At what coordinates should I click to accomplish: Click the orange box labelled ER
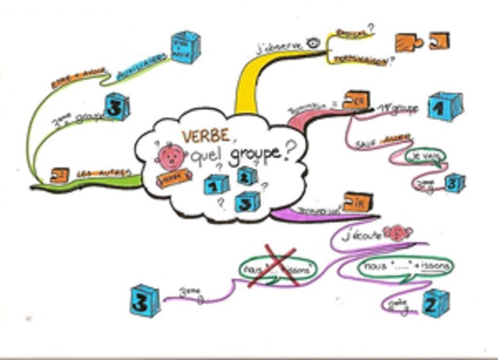click(x=356, y=101)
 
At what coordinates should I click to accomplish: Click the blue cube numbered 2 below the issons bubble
click(x=435, y=304)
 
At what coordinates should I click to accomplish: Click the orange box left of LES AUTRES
click(x=59, y=174)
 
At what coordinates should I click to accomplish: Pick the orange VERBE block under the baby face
click(x=170, y=178)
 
